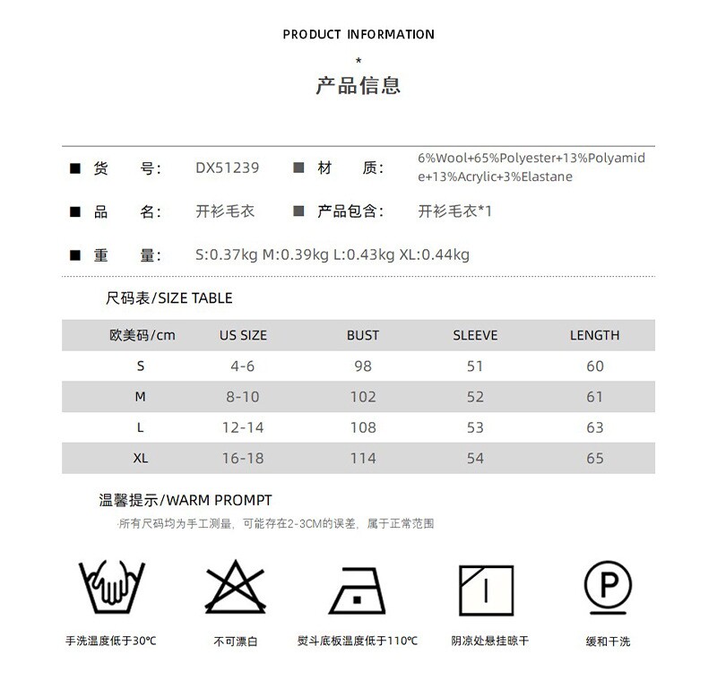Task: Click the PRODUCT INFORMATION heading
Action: [x=358, y=35]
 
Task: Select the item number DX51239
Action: [x=228, y=168]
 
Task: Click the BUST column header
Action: [x=363, y=335]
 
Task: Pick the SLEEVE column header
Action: [x=475, y=335]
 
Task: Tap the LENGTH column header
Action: [x=595, y=335]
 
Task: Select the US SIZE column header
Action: [x=243, y=335]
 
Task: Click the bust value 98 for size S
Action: [x=363, y=366]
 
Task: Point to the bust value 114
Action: [x=363, y=458]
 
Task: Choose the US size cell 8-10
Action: [x=243, y=396]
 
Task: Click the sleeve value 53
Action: [x=475, y=427]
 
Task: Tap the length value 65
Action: [x=595, y=458]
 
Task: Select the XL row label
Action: [x=141, y=458]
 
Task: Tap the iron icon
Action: [x=358, y=589]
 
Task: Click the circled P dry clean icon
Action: [x=609, y=587]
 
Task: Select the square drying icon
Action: [x=485, y=589]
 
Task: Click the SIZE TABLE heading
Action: [x=169, y=298]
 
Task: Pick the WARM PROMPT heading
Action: [x=186, y=500]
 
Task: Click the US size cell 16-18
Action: [x=243, y=458]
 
